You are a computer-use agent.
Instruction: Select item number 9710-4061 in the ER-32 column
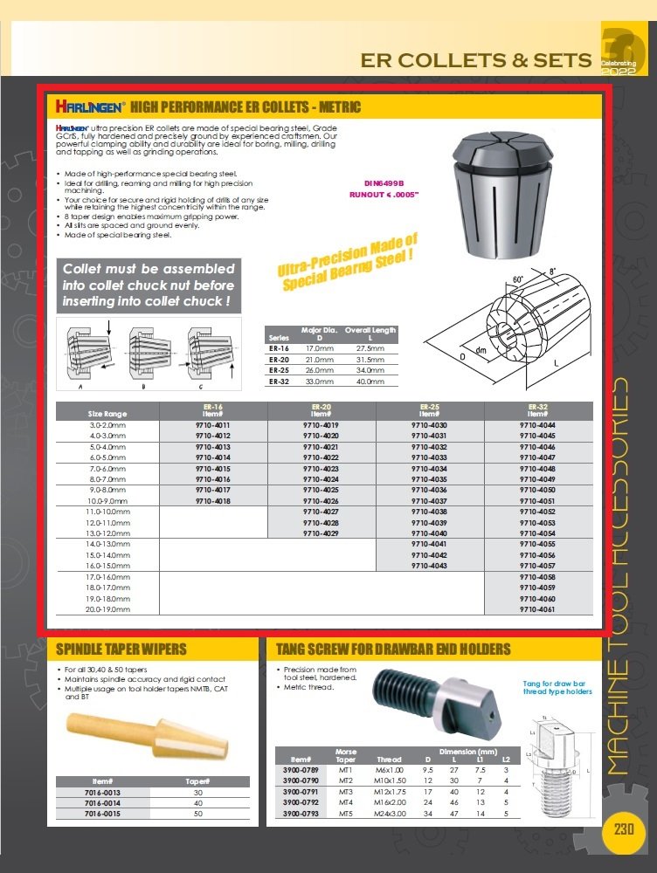click(x=538, y=609)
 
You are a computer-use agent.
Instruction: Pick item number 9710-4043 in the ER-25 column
click(x=430, y=566)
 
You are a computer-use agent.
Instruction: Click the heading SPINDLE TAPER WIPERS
click(x=121, y=650)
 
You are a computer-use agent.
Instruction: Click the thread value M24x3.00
click(x=389, y=813)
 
